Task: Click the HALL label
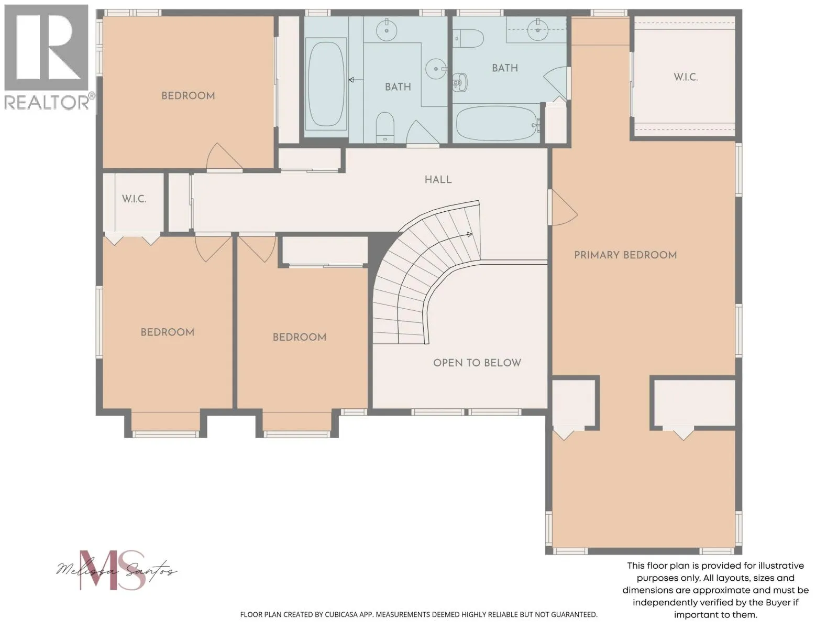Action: pos(438,179)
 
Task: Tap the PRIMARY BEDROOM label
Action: pos(625,255)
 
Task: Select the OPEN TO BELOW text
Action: pos(477,363)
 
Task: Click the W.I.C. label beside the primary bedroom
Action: pos(686,77)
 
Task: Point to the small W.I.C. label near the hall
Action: pos(134,199)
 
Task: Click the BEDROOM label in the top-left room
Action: pos(188,95)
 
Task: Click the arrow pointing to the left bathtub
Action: pos(356,80)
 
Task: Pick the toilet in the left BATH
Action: pos(385,127)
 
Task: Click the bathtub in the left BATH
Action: pos(326,84)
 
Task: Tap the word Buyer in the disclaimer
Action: pos(777,602)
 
